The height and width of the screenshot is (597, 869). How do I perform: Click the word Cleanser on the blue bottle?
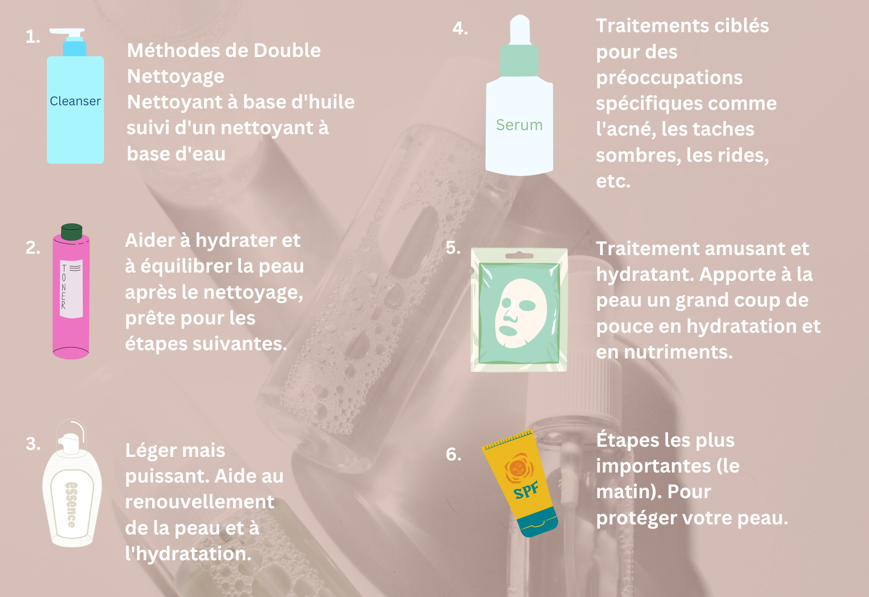[x=75, y=101]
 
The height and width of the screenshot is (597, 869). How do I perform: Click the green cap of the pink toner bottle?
[x=71, y=232]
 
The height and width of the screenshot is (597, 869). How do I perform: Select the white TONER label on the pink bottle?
[x=71, y=289]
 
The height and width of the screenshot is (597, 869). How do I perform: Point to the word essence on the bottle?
[x=72, y=505]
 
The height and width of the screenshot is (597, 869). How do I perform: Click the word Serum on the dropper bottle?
[x=519, y=125]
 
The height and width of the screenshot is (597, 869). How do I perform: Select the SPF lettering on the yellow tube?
[x=526, y=491]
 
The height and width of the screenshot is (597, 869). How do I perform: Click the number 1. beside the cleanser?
[x=33, y=37]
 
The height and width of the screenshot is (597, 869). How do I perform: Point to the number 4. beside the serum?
[x=460, y=28]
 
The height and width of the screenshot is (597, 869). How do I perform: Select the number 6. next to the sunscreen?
[x=453, y=454]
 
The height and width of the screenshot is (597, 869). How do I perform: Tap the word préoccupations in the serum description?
[x=669, y=78]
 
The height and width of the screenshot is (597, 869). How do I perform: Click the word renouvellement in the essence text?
[x=200, y=502]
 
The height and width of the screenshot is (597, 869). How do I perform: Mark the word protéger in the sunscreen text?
[x=634, y=518]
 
